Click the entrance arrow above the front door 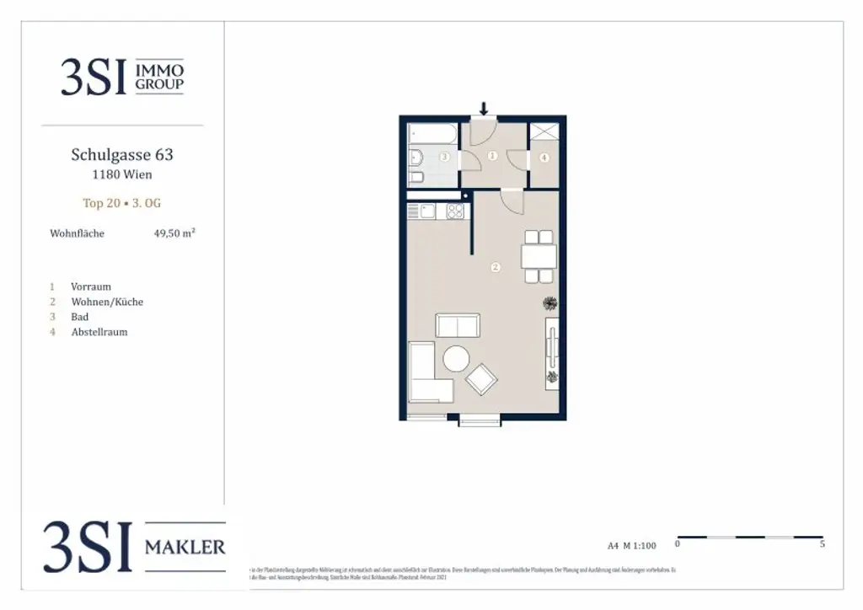pos(484,108)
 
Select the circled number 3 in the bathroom pos(443,157)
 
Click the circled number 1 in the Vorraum pos(493,156)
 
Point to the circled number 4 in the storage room pos(544,158)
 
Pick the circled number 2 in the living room pos(496,268)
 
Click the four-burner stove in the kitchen pos(455,212)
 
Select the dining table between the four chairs pos(538,254)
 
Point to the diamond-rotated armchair pos(482,379)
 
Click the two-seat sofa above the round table pos(457,325)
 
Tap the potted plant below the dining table pos(550,303)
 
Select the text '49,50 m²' pos(174,233)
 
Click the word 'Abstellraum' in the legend pos(99,332)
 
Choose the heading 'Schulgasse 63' pos(122,155)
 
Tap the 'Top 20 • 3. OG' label pos(122,203)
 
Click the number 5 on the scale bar pos(822,544)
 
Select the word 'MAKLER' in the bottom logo pos(185,547)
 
